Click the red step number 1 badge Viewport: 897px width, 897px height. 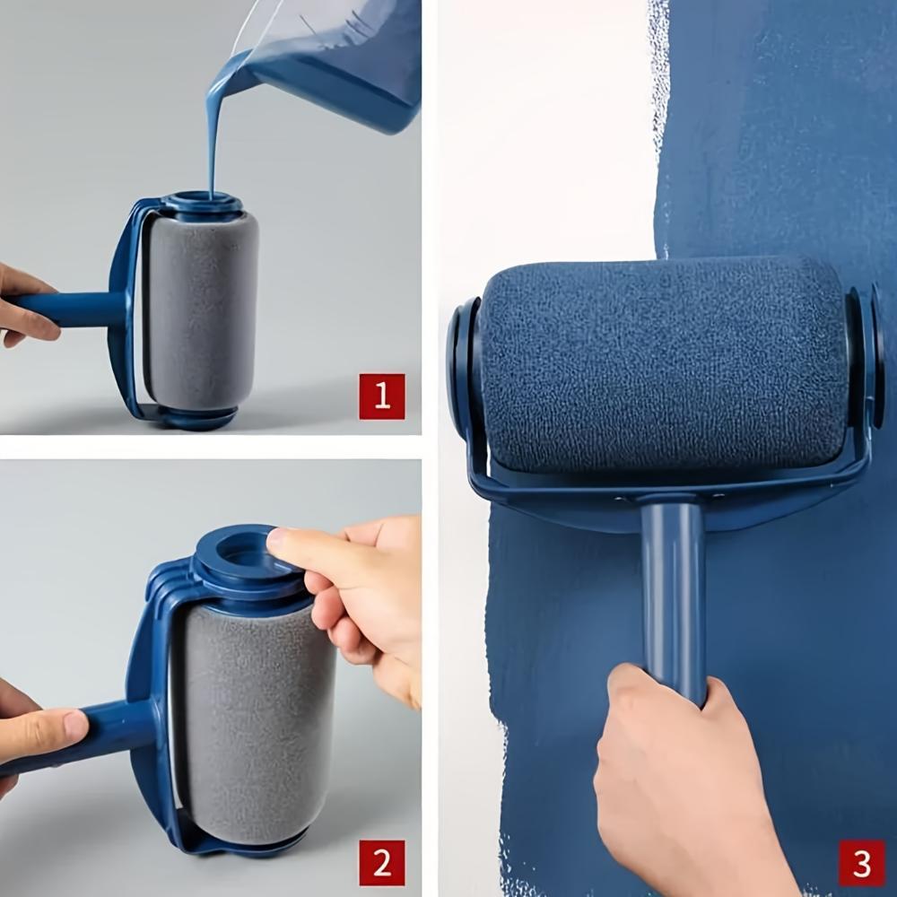[x=382, y=396]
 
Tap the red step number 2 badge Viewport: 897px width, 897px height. [x=382, y=863]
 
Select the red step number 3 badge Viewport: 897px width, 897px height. [x=862, y=863]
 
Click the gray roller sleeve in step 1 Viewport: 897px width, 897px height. [x=202, y=309]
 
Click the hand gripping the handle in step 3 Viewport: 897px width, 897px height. [x=682, y=780]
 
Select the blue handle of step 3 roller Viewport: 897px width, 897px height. [x=673, y=592]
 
